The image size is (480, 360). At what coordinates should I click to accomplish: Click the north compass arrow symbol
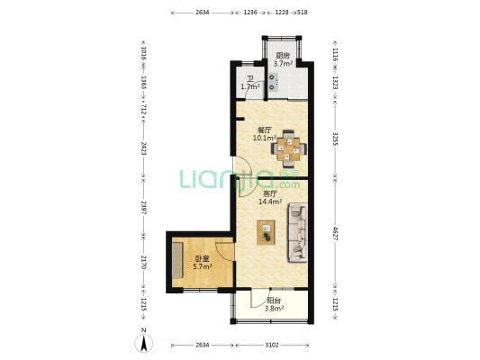[143, 343]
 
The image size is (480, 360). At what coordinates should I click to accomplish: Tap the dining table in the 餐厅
[288, 149]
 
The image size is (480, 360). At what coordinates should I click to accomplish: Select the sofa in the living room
[297, 233]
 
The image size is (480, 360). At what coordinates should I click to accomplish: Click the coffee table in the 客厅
[266, 232]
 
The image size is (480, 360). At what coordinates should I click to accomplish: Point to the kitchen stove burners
[274, 83]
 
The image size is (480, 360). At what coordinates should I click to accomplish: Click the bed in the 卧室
[177, 260]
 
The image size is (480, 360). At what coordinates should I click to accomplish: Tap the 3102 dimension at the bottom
[272, 346]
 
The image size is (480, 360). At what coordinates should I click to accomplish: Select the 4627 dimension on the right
[335, 233]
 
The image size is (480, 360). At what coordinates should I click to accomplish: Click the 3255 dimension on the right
[335, 139]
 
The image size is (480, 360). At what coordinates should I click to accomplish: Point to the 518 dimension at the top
[303, 13]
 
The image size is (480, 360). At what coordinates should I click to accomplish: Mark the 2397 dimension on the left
[143, 207]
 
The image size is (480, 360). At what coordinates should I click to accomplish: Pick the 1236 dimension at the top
[250, 13]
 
